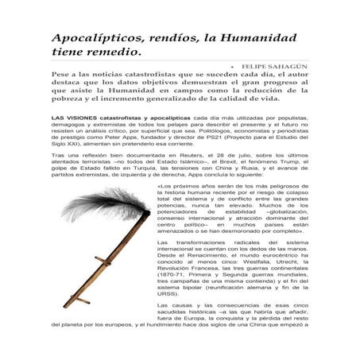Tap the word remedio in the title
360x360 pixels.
113,53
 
